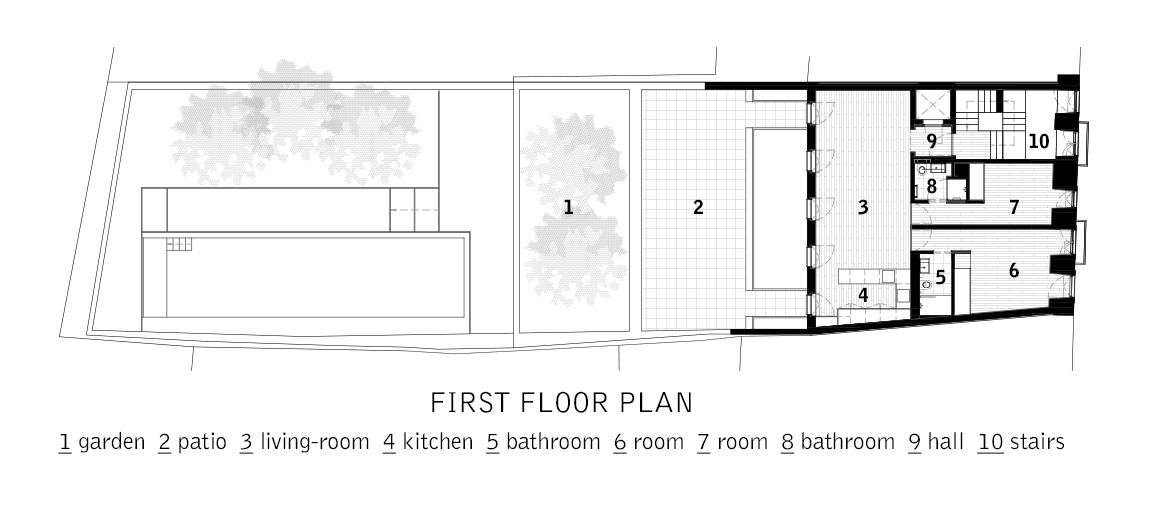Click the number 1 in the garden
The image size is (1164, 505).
(x=568, y=207)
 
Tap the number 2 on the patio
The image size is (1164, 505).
(x=698, y=207)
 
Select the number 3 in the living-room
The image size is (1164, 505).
(x=863, y=207)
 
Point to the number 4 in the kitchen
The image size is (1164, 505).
(x=863, y=295)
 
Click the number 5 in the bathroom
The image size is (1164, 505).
(x=941, y=278)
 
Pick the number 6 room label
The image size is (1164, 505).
(x=1014, y=271)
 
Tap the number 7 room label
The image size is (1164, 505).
(x=1014, y=207)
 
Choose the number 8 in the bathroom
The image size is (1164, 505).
(x=931, y=186)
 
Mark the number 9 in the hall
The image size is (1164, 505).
(x=931, y=140)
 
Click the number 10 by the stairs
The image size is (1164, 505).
(x=1039, y=140)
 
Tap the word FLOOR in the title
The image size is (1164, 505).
(x=564, y=403)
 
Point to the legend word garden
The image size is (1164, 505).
(x=111, y=443)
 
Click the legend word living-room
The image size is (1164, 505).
(x=315, y=443)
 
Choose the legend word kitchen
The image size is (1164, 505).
(x=437, y=442)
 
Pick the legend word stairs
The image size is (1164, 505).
(x=1037, y=443)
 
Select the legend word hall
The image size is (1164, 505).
(x=946, y=442)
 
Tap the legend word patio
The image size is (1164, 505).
(x=202, y=443)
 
